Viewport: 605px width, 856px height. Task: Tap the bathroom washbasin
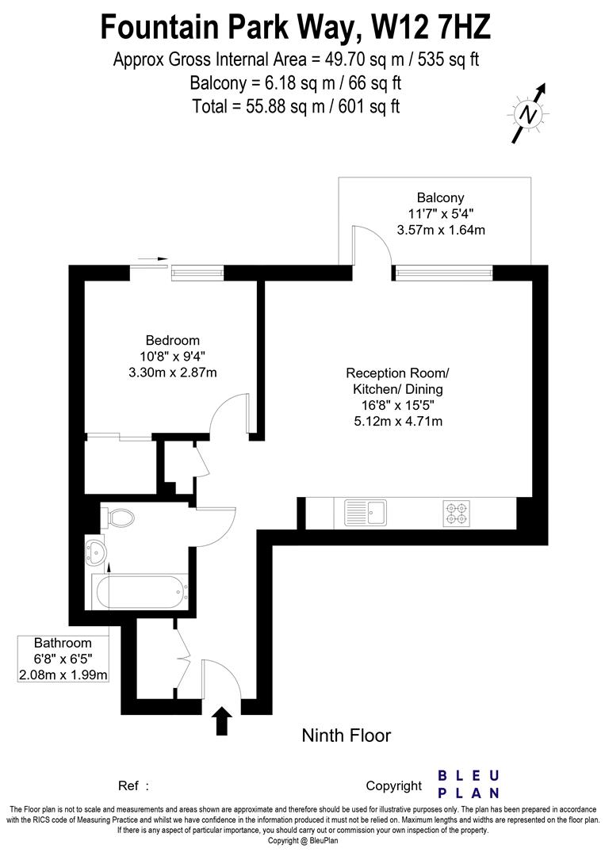coord(97,552)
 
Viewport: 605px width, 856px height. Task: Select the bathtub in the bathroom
coord(140,590)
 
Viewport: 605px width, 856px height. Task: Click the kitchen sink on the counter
coord(365,512)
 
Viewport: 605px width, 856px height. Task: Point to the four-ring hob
coord(457,512)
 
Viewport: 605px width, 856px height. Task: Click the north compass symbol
coord(529,114)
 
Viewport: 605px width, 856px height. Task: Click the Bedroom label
coord(173,340)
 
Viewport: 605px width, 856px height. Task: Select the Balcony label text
coord(440,197)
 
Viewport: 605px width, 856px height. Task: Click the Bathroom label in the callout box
coord(63,643)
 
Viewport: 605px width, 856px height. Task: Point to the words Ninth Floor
coord(347,736)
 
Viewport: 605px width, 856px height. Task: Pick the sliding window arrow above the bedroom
coord(151,258)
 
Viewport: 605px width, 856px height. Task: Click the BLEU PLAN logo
coord(469,784)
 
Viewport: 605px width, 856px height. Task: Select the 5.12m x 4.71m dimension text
coord(397,421)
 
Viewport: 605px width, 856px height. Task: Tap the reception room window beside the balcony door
coord(443,274)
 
